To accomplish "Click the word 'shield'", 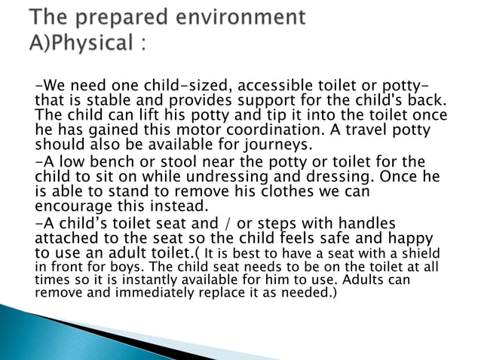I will click(418, 254).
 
